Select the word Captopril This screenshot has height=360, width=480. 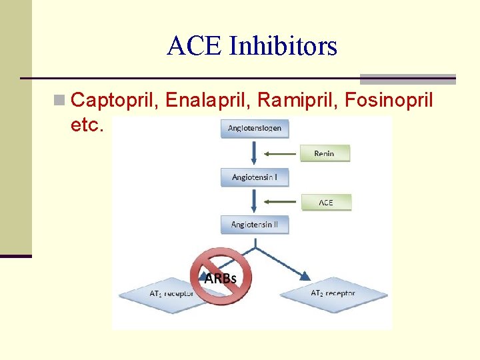pyautogui.click(x=115, y=101)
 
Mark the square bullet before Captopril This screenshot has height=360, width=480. pyautogui.click(x=59, y=101)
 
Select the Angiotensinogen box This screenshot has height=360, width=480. pyautogui.click(x=255, y=128)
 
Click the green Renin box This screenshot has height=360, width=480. pyautogui.click(x=325, y=153)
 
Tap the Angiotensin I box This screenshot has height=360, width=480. pyautogui.click(x=255, y=177)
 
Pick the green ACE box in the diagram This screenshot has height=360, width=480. pyautogui.click(x=325, y=202)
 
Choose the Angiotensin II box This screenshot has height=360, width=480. pyautogui.click(x=255, y=225)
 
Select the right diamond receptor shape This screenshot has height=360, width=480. pyautogui.click(x=333, y=293)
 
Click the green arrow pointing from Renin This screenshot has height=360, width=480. pyautogui.click(x=281, y=153)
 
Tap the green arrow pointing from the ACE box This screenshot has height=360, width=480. pyautogui.click(x=281, y=202)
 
